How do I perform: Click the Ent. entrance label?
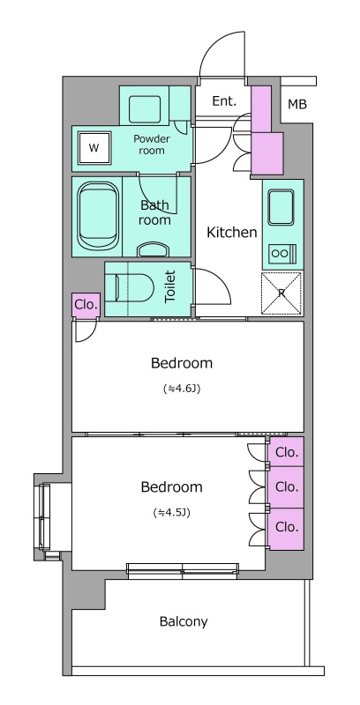click(224, 101)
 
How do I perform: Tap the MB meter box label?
click(297, 105)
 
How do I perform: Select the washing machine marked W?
click(94, 148)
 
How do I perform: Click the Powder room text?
click(152, 145)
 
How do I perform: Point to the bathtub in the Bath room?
click(98, 217)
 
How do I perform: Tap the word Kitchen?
click(232, 233)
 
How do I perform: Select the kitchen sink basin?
click(281, 207)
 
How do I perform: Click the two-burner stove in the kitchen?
click(282, 254)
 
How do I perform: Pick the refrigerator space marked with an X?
click(282, 293)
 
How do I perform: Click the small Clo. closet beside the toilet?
click(86, 305)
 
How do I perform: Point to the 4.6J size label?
click(182, 389)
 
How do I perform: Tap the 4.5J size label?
click(171, 512)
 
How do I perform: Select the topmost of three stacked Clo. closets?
click(286, 452)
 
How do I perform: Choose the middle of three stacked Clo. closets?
click(286, 487)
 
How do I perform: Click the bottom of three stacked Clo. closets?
click(286, 527)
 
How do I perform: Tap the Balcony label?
click(184, 622)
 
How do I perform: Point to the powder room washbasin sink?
click(145, 109)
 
